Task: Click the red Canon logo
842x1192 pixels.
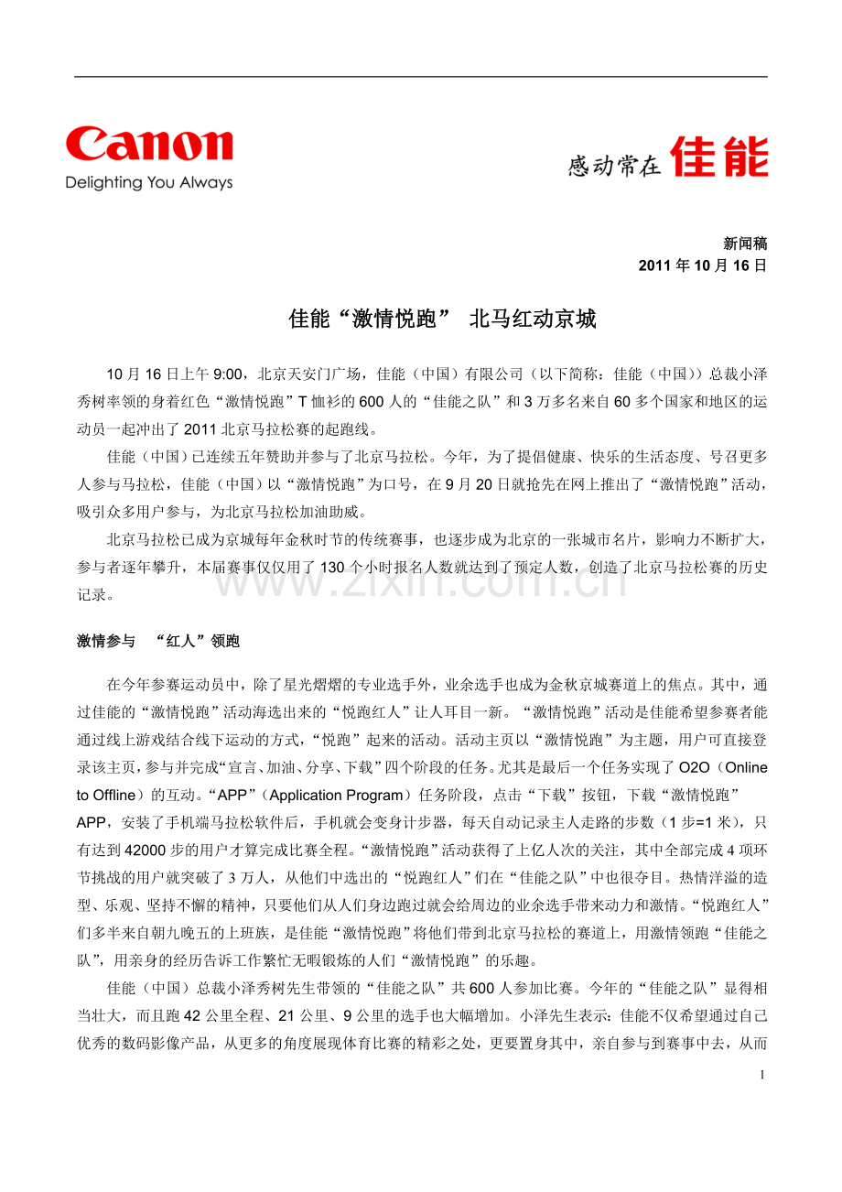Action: click(148, 146)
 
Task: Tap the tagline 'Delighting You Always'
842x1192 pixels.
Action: click(148, 183)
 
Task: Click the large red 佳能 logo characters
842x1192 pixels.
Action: click(719, 157)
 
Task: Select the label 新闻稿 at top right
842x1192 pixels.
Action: click(745, 244)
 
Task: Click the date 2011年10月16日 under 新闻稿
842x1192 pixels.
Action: click(702, 265)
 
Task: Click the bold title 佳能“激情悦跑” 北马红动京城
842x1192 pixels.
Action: click(442, 320)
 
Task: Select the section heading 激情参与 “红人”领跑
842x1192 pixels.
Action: click(158, 642)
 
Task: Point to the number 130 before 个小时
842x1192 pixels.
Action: click(332, 568)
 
